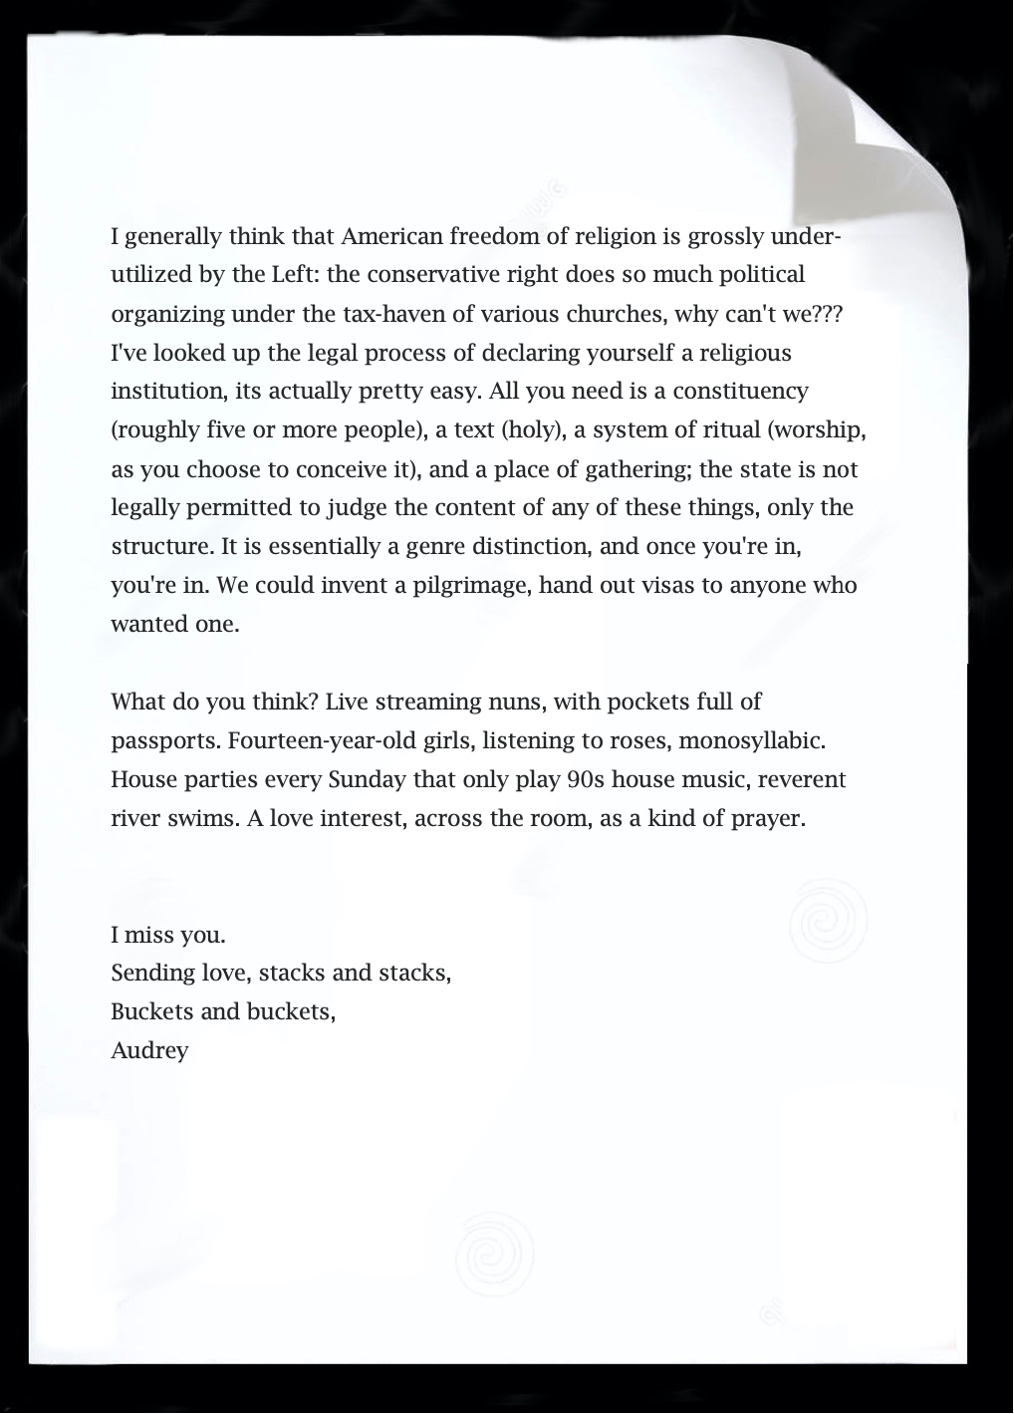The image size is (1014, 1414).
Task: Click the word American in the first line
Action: (x=391, y=237)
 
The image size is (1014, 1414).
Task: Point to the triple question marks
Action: (x=829, y=314)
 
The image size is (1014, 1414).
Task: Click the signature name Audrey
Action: (x=149, y=1050)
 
